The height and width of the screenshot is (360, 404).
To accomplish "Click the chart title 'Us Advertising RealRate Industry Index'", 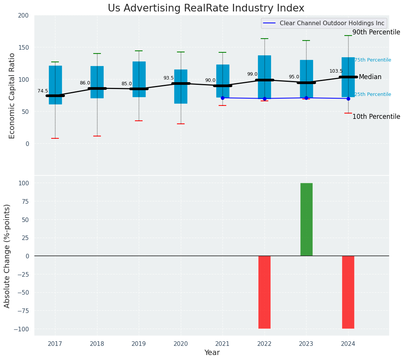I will (x=206, y=8).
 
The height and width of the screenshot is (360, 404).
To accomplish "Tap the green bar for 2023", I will (x=306, y=219).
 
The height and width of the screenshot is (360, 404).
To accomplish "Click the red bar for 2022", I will (x=264, y=292).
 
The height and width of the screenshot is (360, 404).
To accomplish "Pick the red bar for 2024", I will (x=348, y=292).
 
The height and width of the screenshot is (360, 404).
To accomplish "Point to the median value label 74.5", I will (x=43, y=91).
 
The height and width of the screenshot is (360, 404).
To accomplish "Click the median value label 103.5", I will (x=336, y=71).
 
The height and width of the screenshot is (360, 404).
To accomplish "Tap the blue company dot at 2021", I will (x=222, y=98).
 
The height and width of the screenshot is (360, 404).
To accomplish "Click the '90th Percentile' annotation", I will (x=376, y=32).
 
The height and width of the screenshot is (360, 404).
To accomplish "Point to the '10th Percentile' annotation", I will (x=376, y=117).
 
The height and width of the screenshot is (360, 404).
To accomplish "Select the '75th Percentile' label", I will (x=373, y=60).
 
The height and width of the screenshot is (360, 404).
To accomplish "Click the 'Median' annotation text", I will (x=370, y=77).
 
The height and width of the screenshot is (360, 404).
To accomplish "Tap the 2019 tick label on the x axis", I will (x=139, y=344).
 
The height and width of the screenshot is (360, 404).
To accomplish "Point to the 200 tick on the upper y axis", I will (x=23, y=16).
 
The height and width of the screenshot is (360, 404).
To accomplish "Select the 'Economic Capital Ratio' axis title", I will (x=12, y=96).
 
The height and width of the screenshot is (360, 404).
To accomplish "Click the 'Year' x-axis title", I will (x=212, y=353).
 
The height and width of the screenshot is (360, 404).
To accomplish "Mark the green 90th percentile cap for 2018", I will (x=97, y=54).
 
